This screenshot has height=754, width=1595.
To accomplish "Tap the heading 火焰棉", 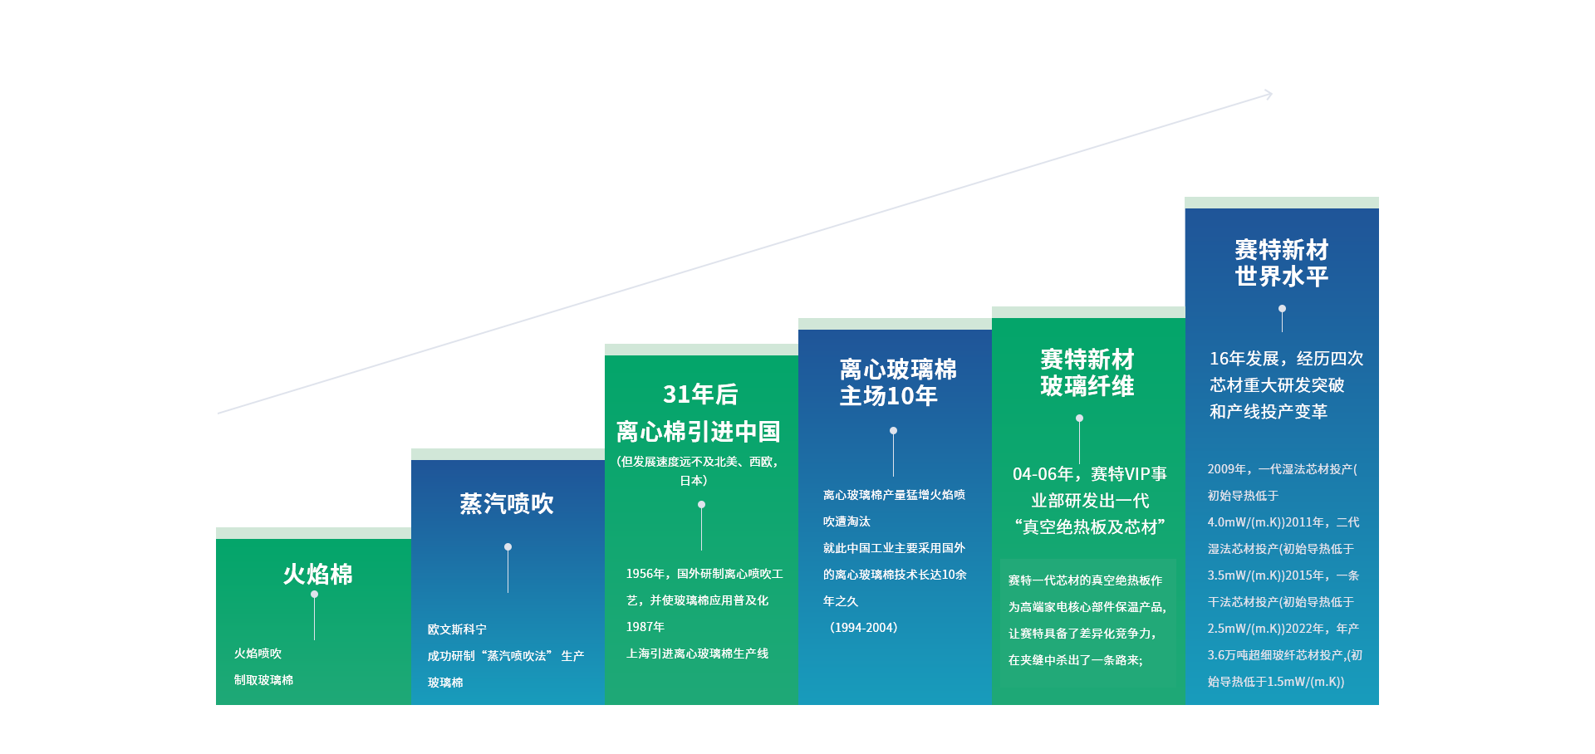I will pos(317,574).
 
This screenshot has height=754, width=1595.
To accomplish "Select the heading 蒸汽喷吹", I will pos(507,504).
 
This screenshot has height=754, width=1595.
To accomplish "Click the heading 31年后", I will pos(700,394).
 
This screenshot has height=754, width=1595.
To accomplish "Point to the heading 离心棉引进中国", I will pos(698,432).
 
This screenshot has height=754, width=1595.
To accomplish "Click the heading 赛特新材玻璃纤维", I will pos(1087,373).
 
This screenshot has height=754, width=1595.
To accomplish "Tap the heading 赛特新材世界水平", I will pos(1282,262).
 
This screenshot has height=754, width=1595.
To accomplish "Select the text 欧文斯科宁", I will pos(457,629).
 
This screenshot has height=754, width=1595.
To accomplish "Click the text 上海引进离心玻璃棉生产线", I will pos(697,654).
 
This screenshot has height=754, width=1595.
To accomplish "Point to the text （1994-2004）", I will pos(861,628).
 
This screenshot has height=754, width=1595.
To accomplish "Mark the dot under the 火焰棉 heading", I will pos(314,595).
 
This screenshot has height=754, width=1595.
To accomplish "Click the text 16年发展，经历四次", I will pos(1286,359).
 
